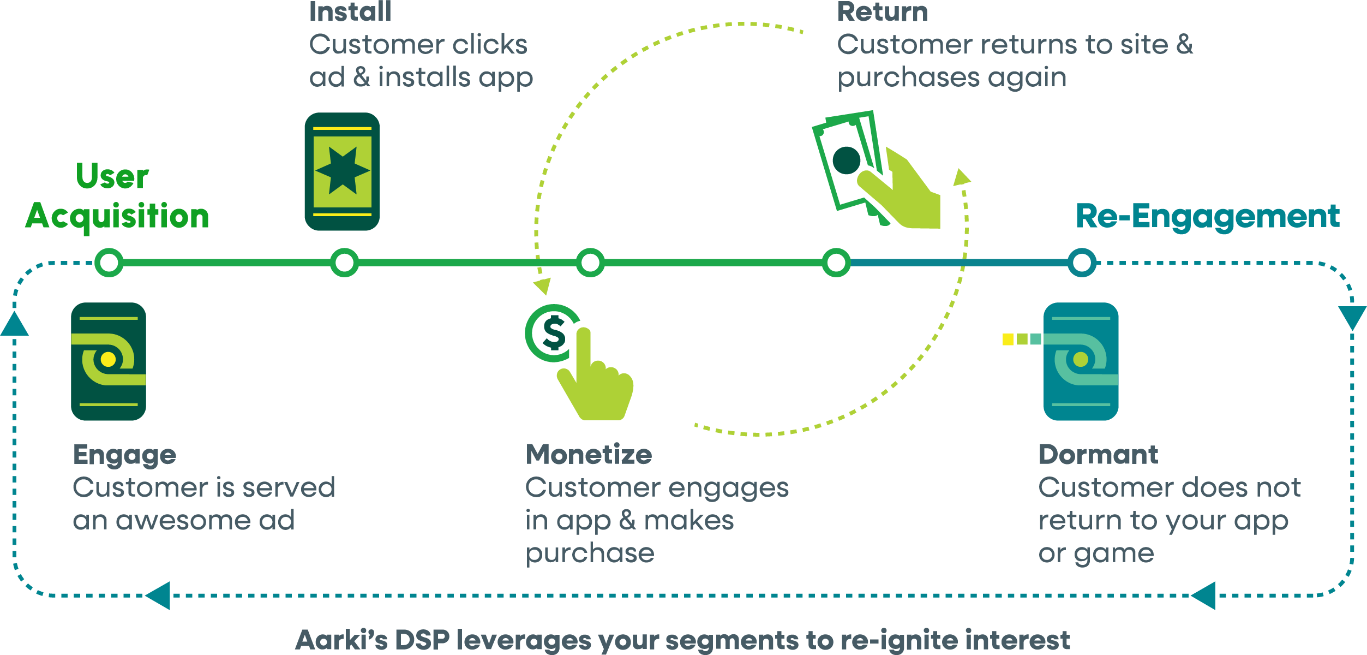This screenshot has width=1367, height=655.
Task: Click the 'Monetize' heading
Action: click(x=589, y=454)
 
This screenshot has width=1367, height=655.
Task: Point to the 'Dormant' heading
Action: click(x=1098, y=454)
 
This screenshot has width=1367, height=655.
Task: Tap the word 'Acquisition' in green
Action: click(x=117, y=216)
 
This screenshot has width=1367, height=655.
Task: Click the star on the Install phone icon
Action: click(x=343, y=171)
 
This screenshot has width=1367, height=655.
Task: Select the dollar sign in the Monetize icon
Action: click(x=554, y=332)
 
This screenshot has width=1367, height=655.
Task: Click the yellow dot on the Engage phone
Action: click(x=108, y=359)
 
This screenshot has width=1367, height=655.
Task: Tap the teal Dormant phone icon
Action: click(x=1081, y=361)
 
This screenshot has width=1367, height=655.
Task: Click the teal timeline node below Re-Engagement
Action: click(x=1082, y=263)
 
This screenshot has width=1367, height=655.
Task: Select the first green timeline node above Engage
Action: click(x=109, y=263)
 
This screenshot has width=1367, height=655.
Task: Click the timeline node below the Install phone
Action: click(x=344, y=263)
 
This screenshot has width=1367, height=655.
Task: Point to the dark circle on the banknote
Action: click(x=847, y=160)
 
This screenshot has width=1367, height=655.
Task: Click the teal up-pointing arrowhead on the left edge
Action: click(x=15, y=324)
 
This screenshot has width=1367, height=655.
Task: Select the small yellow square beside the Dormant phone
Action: click(x=1008, y=340)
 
